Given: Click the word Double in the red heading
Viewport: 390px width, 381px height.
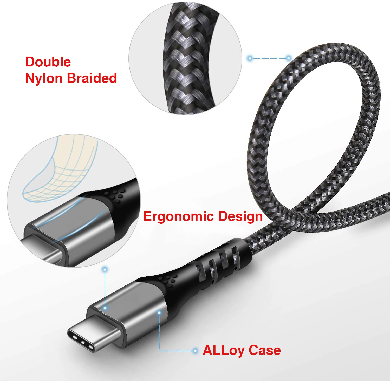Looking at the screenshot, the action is (48, 62).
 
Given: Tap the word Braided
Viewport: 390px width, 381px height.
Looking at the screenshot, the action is (92, 78).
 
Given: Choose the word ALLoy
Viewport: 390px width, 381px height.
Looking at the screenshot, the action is (224, 350).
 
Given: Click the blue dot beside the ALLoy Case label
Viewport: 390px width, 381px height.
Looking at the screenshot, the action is (195, 351).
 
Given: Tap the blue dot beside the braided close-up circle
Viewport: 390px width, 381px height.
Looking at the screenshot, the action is (250, 58).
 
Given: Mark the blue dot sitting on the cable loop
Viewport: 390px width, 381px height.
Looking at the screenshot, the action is (288, 58).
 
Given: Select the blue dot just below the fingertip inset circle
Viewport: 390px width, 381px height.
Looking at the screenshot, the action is (105, 269).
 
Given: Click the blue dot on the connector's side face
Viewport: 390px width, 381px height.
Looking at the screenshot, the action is (159, 313).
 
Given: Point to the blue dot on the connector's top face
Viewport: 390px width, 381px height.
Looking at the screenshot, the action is (105, 308).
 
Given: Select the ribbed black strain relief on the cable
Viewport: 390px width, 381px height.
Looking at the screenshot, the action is (221, 262).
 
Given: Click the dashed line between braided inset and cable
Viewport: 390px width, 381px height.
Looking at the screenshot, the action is (269, 58).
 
